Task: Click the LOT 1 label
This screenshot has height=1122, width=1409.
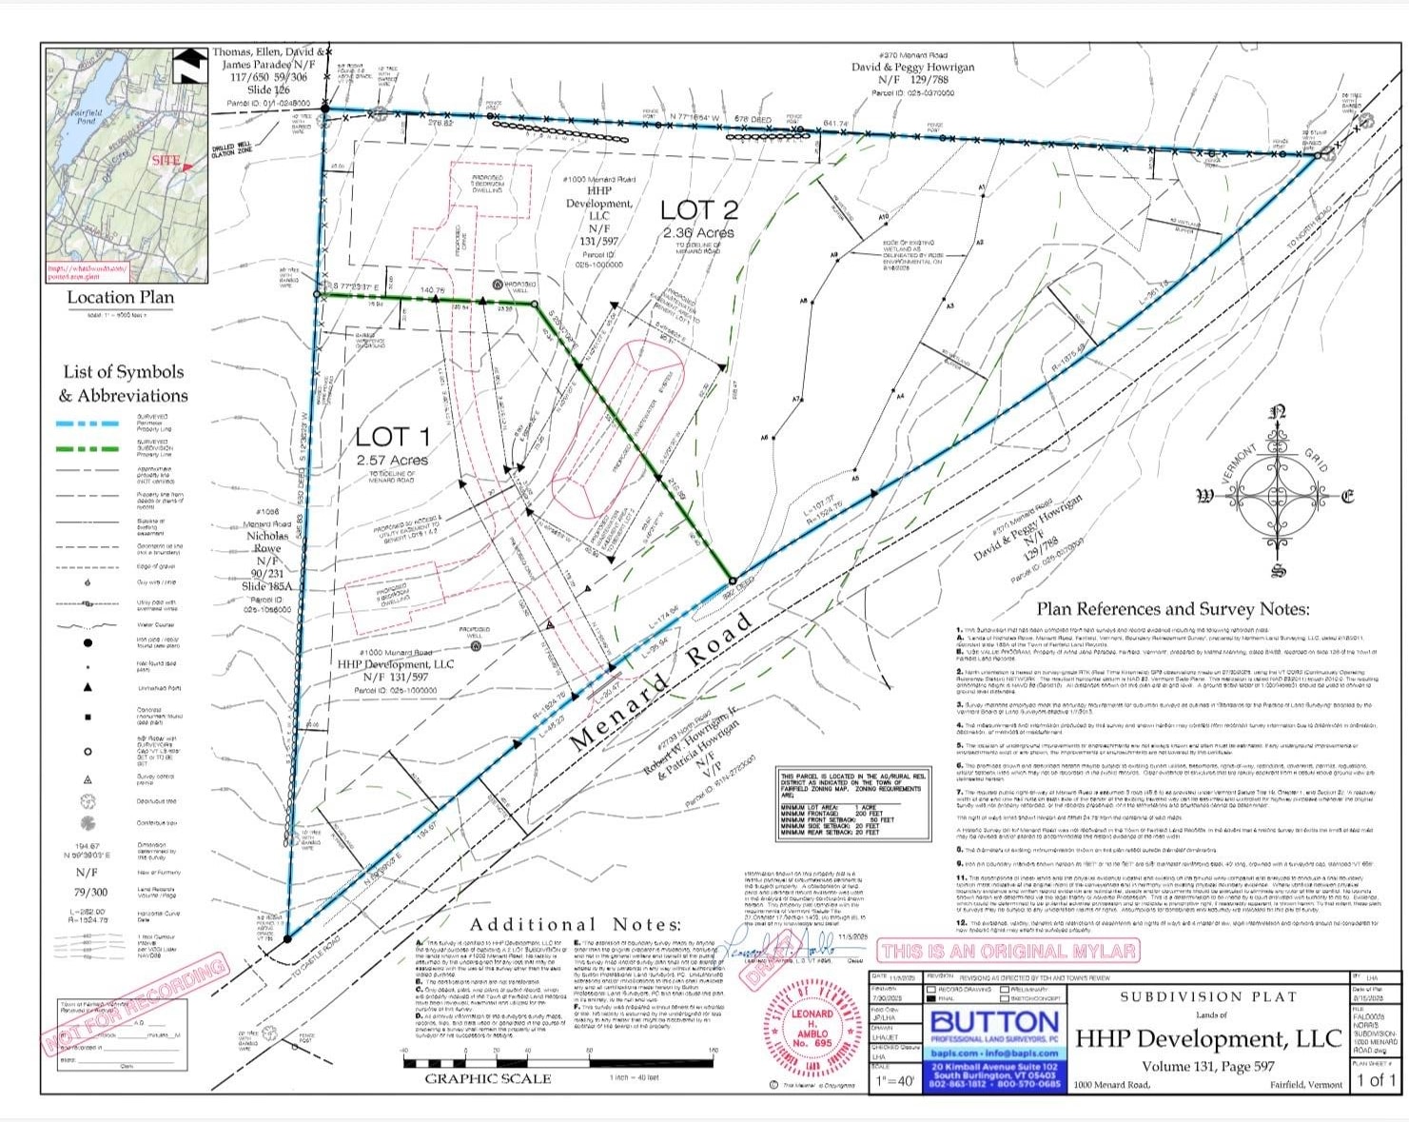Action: pyautogui.click(x=392, y=437)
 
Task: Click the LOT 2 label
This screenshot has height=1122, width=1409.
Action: pyautogui.click(x=699, y=210)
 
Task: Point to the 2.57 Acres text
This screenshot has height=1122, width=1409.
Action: pyautogui.click(x=392, y=461)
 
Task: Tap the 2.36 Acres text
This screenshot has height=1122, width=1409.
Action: pyautogui.click(x=699, y=233)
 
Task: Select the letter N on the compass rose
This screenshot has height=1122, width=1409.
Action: pyautogui.click(x=1279, y=413)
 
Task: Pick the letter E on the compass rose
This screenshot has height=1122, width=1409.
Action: pyautogui.click(x=1347, y=496)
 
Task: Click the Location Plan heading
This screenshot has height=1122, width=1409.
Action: pyautogui.click(x=121, y=298)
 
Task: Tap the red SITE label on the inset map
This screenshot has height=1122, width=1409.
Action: pyautogui.click(x=166, y=160)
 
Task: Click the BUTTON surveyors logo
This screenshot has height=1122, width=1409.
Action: pyautogui.click(x=994, y=1024)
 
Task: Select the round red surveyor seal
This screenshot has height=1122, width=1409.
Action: pyautogui.click(x=812, y=1032)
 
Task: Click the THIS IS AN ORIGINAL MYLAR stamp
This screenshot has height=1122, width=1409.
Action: pyautogui.click(x=1008, y=951)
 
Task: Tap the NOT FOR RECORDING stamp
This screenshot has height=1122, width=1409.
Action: pyautogui.click(x=134, y=1007)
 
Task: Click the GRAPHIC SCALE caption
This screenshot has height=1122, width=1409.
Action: pyautogui.click(x=487, y=1079)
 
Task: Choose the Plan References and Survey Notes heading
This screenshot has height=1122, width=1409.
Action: pyautogui.click(x=1172, y=609)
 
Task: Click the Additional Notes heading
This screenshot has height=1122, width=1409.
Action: pyautogui.click(x=576, y=925)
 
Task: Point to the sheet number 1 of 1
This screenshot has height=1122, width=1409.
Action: pyautogui.click(x=1375, y=1079)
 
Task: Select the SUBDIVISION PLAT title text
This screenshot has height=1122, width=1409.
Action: pyautogui.click(x=1208, y=996)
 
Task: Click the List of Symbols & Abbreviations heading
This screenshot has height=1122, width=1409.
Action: pyautogui.click(x=124, y=384)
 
